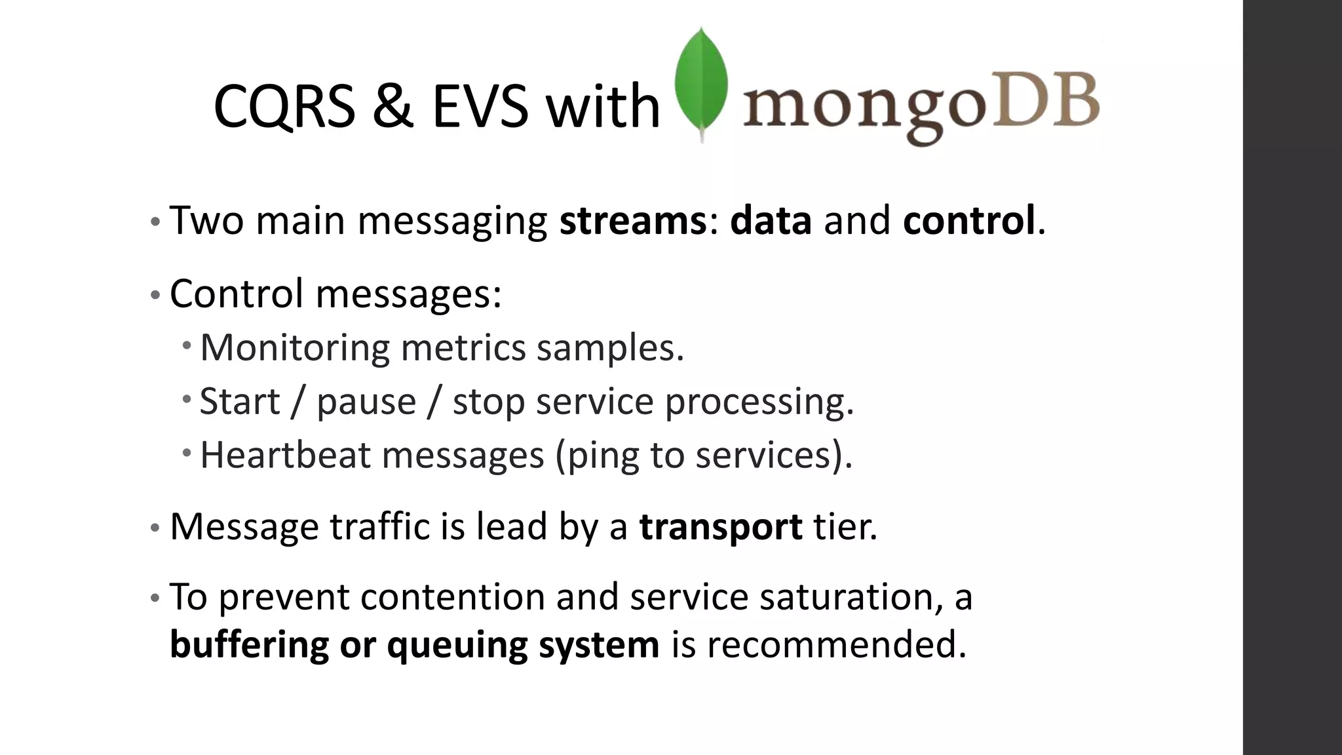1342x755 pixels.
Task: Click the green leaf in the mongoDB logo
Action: point(702,82)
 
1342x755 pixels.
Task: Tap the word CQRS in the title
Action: point(284,107)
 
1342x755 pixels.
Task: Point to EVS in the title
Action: point(480,107)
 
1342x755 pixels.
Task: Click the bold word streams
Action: point(632,220)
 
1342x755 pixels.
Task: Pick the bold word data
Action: point(771,220)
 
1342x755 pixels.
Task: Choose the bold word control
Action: point(969,220)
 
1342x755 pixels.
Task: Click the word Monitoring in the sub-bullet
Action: point(295,347)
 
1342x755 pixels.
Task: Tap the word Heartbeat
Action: point(285,455)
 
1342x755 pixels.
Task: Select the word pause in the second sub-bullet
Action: point(366,402)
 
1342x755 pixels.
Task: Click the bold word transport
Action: point(720,527)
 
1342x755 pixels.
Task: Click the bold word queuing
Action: point(457,646)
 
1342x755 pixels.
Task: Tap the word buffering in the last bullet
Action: point(249,646)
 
